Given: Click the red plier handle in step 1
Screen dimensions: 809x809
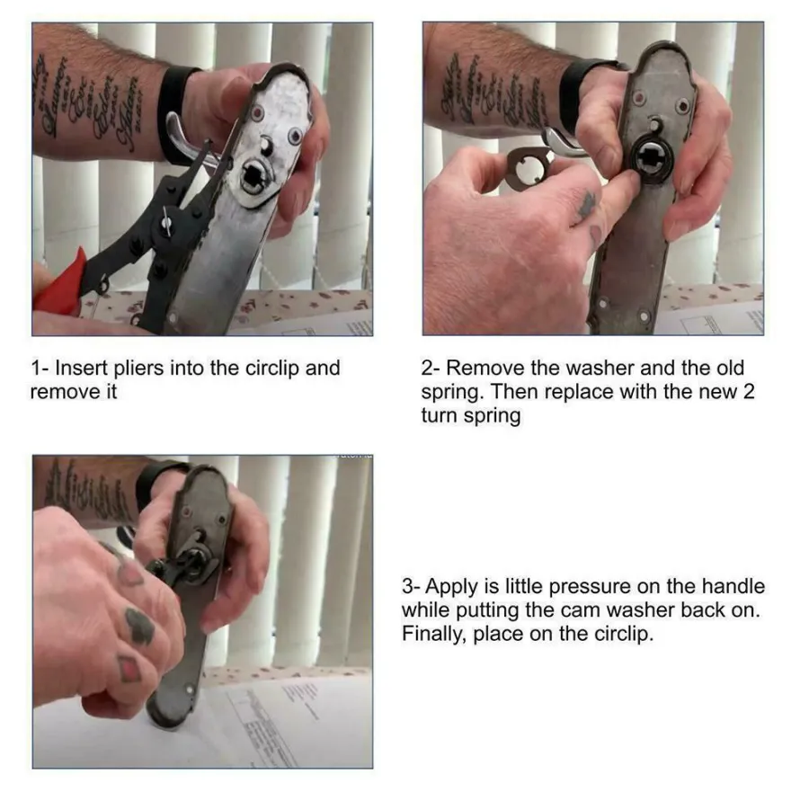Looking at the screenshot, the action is click(x=57, y=287).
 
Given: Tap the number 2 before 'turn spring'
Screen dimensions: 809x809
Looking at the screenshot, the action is click(x=749, y=392).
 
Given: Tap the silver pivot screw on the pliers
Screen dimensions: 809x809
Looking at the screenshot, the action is click(x=166, y=223).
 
